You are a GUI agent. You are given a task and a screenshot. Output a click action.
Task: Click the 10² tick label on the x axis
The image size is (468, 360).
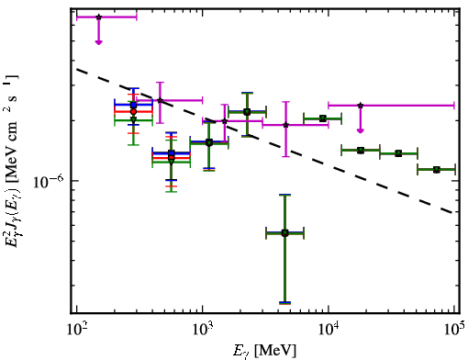pyautogui.click(x=77, y=330)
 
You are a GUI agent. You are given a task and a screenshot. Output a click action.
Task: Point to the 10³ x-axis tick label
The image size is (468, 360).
pyautogui.click(x=203, y=330)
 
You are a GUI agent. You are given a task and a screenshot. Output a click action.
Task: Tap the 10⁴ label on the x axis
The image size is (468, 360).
pyautogui.click(x=329, y=330)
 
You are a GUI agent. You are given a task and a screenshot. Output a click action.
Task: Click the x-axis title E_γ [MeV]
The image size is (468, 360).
pyautogui.click(x=264, y=351)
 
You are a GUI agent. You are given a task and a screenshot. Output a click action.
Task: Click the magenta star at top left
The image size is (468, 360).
pyautogui.click(x=98, y=17)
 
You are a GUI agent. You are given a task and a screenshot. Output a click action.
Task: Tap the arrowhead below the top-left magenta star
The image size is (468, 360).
pyautogui.click(x=98, y=42)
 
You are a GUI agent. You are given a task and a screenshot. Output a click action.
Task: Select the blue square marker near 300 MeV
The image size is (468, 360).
pyautogui.click(x=133, y=105)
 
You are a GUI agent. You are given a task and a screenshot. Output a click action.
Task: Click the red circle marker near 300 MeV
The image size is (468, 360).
pyautogui.click(x=133, y=112)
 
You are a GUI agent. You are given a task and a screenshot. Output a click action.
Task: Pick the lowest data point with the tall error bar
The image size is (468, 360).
pyautogui.click(x=284, y=233)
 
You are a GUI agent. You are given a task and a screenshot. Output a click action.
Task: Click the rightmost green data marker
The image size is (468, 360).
pyautogui.click(x=437, y=170)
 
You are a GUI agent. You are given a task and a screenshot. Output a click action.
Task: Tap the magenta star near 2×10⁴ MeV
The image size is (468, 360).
pyautogui.click(x=361, y=106)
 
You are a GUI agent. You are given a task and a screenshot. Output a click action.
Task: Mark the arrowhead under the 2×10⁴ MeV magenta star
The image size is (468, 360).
pyautogui.click(x=361, y=131)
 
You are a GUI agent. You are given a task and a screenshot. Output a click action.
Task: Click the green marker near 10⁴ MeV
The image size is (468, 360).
pyautogui.click(x=322, y=118)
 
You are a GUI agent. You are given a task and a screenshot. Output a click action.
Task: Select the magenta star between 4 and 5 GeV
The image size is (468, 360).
pyautogui.click(x=285, y=125)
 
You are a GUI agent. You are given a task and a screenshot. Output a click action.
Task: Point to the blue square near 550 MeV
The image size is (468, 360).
pyautogui.click(x=172, y=153)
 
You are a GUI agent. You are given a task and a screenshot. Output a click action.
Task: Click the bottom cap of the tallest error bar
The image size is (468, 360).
pyautogui.click(x=284, y=303)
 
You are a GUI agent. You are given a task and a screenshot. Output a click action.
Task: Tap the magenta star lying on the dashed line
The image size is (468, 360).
pyautogui.click(x=160, y=100)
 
